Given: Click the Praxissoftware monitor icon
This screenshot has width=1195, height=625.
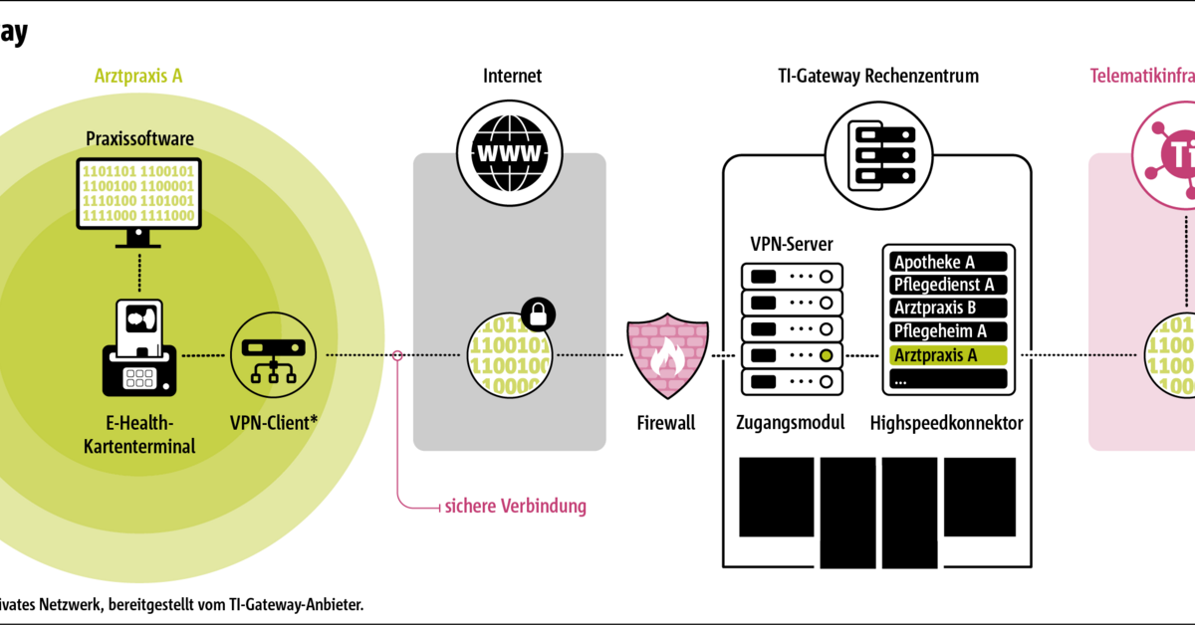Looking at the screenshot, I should point(138,196).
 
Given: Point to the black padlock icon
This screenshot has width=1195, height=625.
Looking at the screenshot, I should point(538,313).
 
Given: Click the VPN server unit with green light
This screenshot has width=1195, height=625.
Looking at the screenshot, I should point(792,355).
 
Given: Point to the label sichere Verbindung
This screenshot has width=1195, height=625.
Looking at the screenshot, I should point(515,507).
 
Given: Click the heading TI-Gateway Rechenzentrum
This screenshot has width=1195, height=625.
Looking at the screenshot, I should point(877,76).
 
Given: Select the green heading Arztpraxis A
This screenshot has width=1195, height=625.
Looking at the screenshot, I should point(138,76).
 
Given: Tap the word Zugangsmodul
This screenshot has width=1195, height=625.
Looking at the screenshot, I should point(792,423).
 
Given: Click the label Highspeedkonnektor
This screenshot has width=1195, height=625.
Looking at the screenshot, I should point(946,423).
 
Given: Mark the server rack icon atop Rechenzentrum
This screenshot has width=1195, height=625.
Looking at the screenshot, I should point(877,152).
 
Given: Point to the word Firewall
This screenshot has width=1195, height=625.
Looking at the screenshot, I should point(666,423).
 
